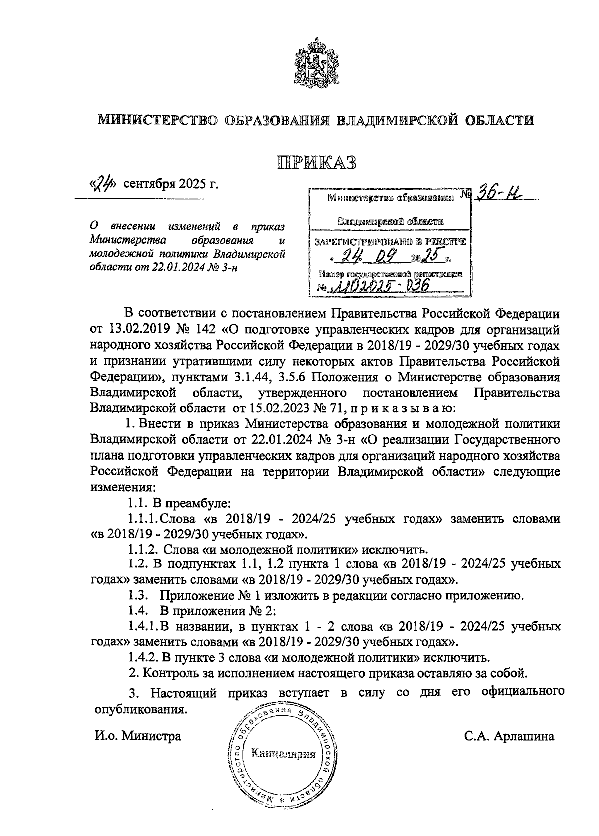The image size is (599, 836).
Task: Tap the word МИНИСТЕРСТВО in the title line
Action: (158, 120)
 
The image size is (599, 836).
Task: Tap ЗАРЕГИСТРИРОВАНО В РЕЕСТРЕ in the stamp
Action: (389, 242)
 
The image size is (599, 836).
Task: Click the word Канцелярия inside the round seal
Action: (284, 754)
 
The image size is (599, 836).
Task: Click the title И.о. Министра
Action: (138, 736)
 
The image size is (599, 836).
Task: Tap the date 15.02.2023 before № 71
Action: (269, 408)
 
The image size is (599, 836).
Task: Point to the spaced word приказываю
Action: (404, 408)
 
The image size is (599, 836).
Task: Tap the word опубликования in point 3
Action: (141, 709)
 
